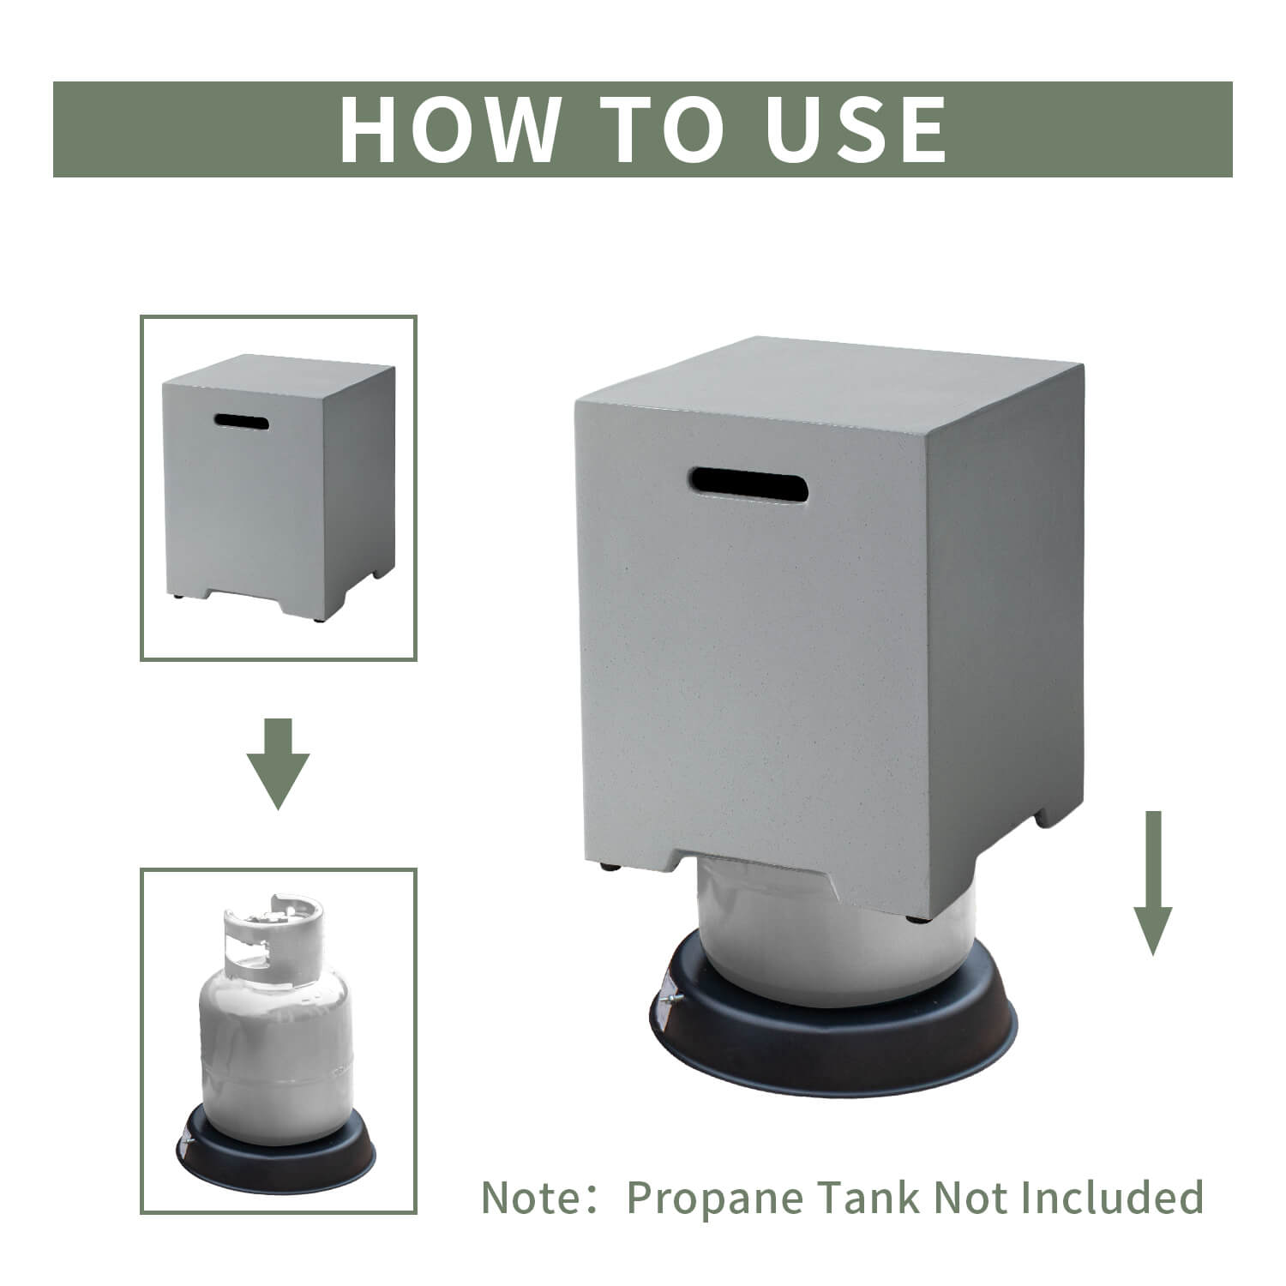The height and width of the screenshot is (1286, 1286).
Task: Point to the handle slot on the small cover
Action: point(242,422)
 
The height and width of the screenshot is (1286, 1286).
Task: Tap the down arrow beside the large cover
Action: point(1154,882)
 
